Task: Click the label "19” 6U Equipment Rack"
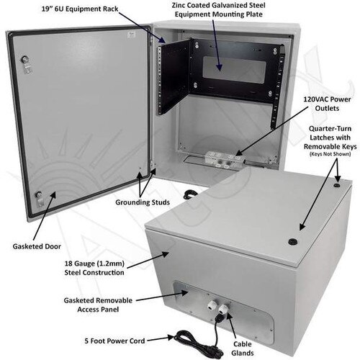click(80, 9)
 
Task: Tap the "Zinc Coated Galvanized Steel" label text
click(218, 5)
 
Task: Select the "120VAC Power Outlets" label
click(327, 104)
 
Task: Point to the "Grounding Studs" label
click(143, 202)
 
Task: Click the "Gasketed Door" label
click(37, 246)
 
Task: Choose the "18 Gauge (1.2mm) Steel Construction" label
click(94, 268)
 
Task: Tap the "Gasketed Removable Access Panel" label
click(98, 305)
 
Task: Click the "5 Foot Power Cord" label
click(114, 341)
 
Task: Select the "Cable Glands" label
click(243, 348)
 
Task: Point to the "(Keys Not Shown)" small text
click(330, 154)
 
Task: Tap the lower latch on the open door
click(40, 199)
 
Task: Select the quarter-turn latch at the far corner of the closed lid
click(337, 185)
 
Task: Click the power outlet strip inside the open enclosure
click(224, 159)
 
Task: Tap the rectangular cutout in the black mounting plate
click(234, 70)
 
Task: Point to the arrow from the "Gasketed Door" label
click(44, 216)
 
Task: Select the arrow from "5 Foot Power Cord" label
click(161, 339)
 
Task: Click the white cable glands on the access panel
click(218, 307)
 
